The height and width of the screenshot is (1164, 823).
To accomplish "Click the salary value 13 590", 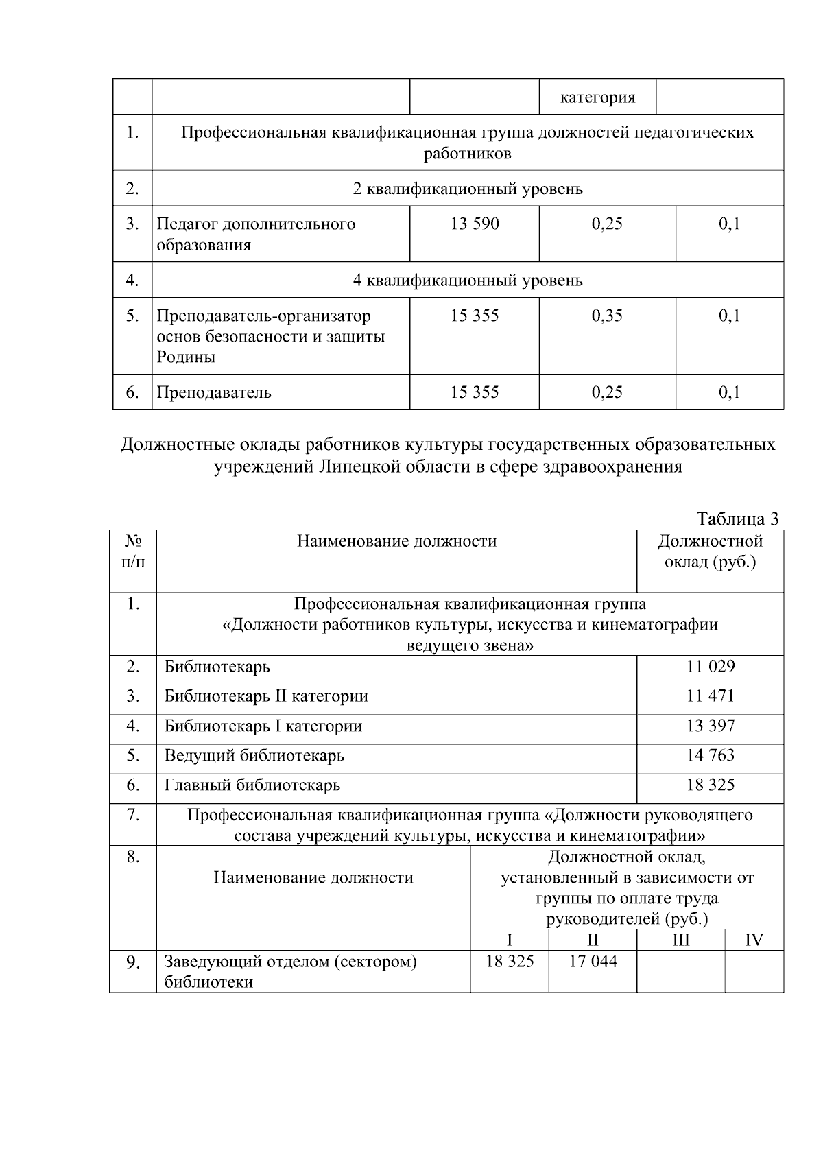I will click(475, 224).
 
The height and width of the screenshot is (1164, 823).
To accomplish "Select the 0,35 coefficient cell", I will click(607, 316).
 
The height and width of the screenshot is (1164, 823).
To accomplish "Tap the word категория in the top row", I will click(597, 97).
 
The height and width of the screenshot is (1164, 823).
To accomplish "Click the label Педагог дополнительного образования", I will click(256, 234).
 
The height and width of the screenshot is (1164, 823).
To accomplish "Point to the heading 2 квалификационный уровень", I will click(467, 189).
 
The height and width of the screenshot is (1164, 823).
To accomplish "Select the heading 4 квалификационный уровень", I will click(467, 280).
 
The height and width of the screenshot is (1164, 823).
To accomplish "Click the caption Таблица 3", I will click(737, 519).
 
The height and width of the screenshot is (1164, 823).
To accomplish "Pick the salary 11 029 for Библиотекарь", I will click(710, 667).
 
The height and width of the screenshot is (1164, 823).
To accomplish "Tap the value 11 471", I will click(710, 696).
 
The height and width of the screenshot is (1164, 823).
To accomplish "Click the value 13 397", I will click(710, 726).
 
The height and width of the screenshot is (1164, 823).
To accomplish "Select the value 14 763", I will click(710, 755).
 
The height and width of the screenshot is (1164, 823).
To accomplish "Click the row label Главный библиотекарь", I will click(252, 785).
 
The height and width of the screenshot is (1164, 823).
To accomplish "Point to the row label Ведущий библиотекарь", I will click(254, 756).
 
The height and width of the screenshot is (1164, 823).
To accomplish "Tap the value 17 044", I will click(593, 962).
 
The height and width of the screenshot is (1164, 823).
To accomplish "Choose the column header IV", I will click(754, 940).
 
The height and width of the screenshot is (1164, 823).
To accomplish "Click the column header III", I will click(680, 940).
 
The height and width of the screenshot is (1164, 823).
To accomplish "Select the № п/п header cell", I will click(133, 551).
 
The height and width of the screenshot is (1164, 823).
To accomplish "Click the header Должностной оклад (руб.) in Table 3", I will click(710, 551).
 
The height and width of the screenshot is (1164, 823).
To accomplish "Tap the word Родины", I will click(186, 357).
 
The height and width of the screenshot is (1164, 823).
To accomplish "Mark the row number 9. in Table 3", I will click(133, 963).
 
